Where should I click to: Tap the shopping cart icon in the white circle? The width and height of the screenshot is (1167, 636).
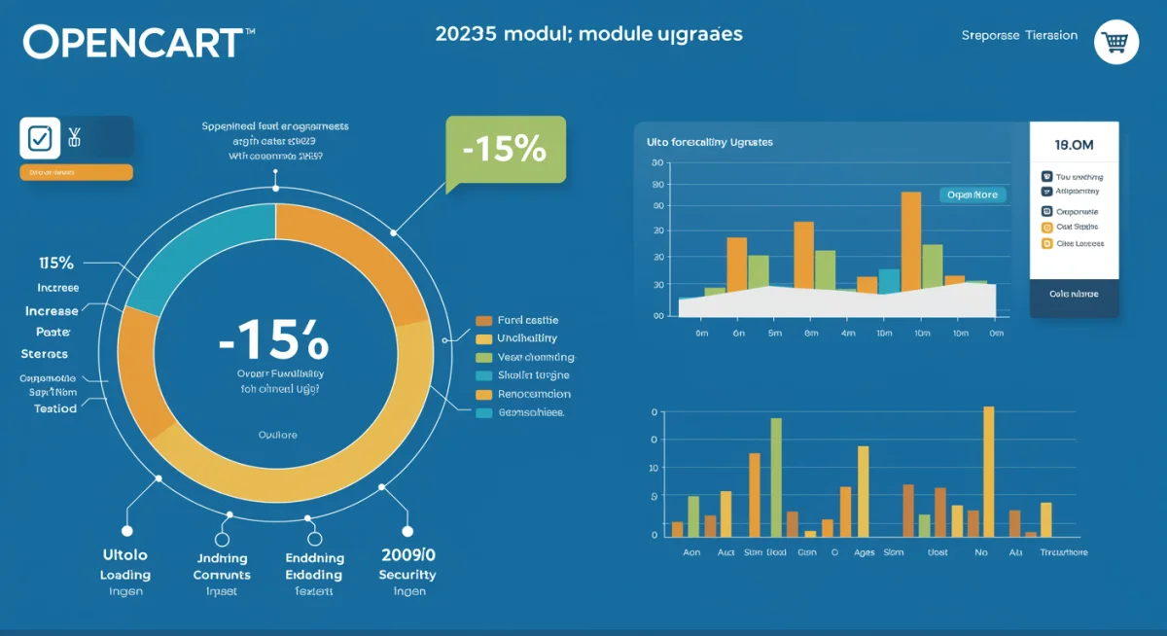(x=1115, y=42)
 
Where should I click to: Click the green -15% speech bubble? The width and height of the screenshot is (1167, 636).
(x=505, y=149)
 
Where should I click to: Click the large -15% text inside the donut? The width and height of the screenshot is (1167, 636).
(x=274, y=342)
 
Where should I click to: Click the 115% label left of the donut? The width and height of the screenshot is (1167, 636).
(x=55, y=263)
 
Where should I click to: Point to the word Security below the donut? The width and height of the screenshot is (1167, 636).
(x=407, y=575)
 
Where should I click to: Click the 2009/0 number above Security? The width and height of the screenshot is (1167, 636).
(x=407, y=555)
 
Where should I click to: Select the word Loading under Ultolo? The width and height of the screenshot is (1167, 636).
(x=124, y=575)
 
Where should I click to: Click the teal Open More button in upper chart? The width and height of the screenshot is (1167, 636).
(x=972, y=194)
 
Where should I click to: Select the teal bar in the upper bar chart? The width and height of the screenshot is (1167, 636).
(x=889, y=280)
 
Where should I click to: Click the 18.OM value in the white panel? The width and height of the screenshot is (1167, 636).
(x=1074, y=145)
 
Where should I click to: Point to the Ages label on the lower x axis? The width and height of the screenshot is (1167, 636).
(x=863, y=552)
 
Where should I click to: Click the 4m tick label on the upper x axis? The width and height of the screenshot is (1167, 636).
(x=847, y=333)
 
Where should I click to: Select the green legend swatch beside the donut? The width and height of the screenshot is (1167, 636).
(x=483, y=357)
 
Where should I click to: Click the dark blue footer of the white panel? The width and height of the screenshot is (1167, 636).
(x=1074, y=295)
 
